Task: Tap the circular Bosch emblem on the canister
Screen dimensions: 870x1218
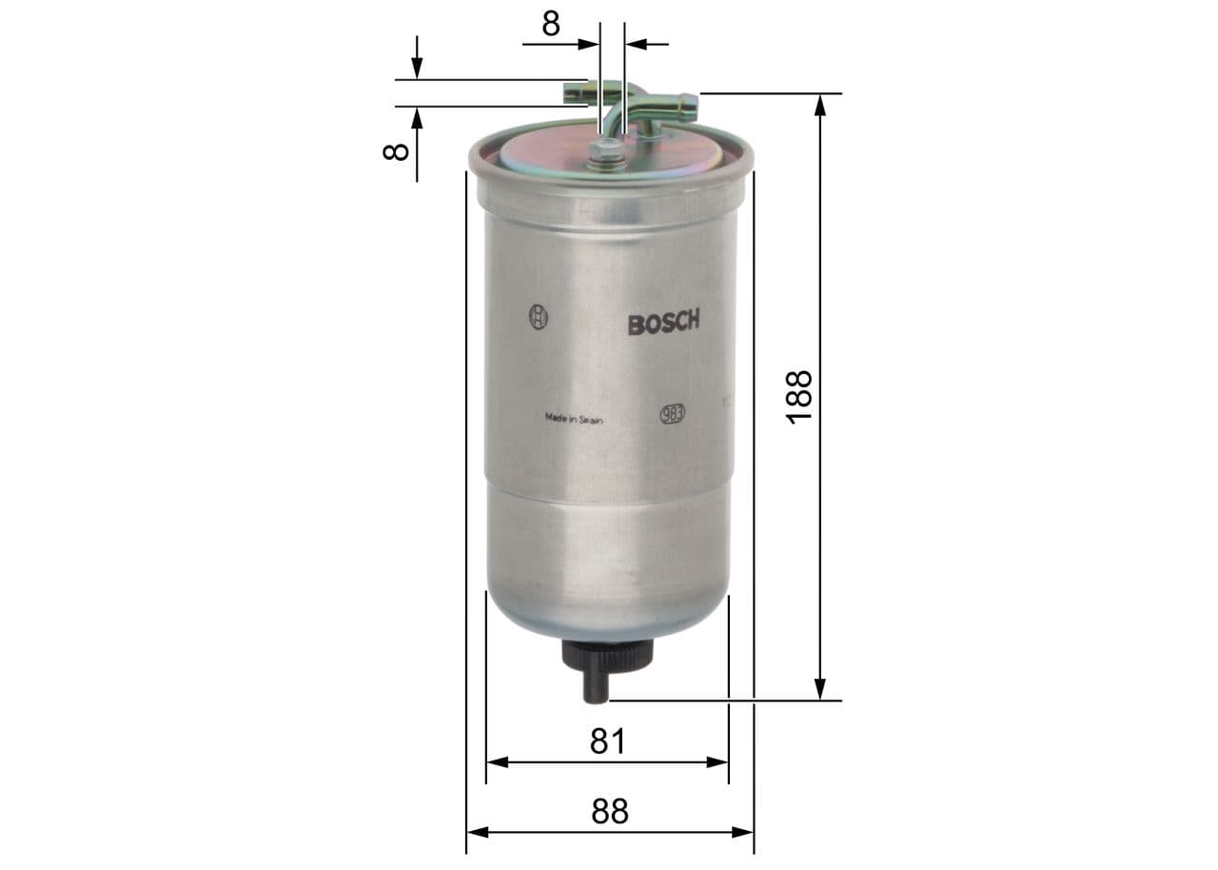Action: (538, 318)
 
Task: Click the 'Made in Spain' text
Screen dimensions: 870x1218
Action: (573, 417)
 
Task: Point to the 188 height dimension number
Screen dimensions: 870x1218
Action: (798, 397)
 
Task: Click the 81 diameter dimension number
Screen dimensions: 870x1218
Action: (607, 741)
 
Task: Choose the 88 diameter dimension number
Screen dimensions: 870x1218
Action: (609, 811)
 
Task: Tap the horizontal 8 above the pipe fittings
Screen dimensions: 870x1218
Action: (551, 24)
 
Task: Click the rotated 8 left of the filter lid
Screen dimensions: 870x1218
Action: (395, 150)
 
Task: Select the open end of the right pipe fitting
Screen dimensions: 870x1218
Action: (692, 104)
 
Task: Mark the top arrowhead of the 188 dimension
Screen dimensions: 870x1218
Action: (820, 104)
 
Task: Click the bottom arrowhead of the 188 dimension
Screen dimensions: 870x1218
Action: (820, 690)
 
